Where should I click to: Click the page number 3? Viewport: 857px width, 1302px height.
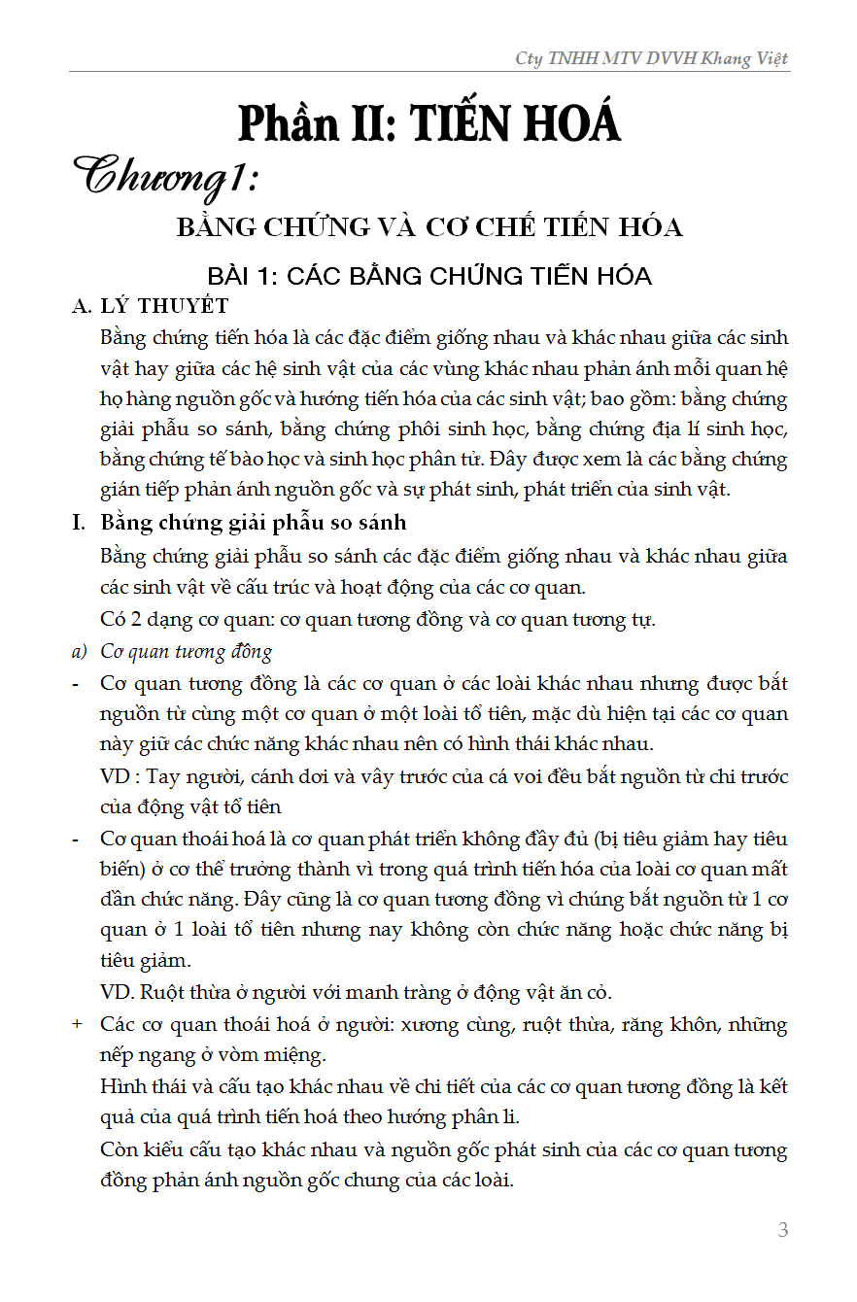[783, 1230]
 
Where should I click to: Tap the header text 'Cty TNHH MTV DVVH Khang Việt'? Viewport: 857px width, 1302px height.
[652, 58]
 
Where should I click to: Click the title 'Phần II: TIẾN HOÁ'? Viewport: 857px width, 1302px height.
[428, 124]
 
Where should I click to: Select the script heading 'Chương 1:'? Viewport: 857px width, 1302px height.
[171, 179]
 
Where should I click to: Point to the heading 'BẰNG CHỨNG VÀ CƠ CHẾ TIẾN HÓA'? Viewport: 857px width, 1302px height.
[428, 227]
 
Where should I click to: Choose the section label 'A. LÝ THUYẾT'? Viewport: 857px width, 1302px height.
[151, 306]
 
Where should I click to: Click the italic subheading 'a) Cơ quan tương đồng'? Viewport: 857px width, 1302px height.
[173, 651]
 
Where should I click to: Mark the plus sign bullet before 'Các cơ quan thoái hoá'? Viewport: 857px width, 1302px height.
[77, 1025]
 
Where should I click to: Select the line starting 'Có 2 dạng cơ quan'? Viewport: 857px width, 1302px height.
[378, 620]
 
